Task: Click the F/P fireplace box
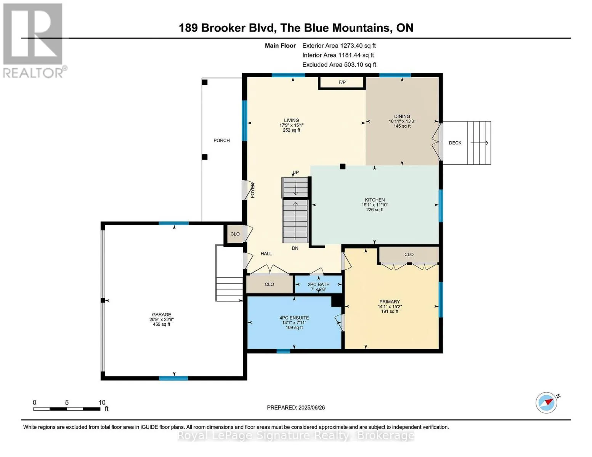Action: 342,83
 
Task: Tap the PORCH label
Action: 221,141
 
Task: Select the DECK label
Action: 455,143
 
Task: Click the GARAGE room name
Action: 162,314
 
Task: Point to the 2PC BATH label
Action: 318,284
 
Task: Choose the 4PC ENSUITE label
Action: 294,318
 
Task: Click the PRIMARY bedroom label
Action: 390,302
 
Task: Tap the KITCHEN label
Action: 375,200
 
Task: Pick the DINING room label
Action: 402,116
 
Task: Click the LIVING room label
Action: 291,120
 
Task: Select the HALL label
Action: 266,254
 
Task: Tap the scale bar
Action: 67,409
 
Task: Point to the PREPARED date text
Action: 296,407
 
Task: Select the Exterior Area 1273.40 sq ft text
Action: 339,46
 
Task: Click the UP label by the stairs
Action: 295,172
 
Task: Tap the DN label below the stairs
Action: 295,248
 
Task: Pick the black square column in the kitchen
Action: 342,166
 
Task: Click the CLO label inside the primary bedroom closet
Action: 409,254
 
